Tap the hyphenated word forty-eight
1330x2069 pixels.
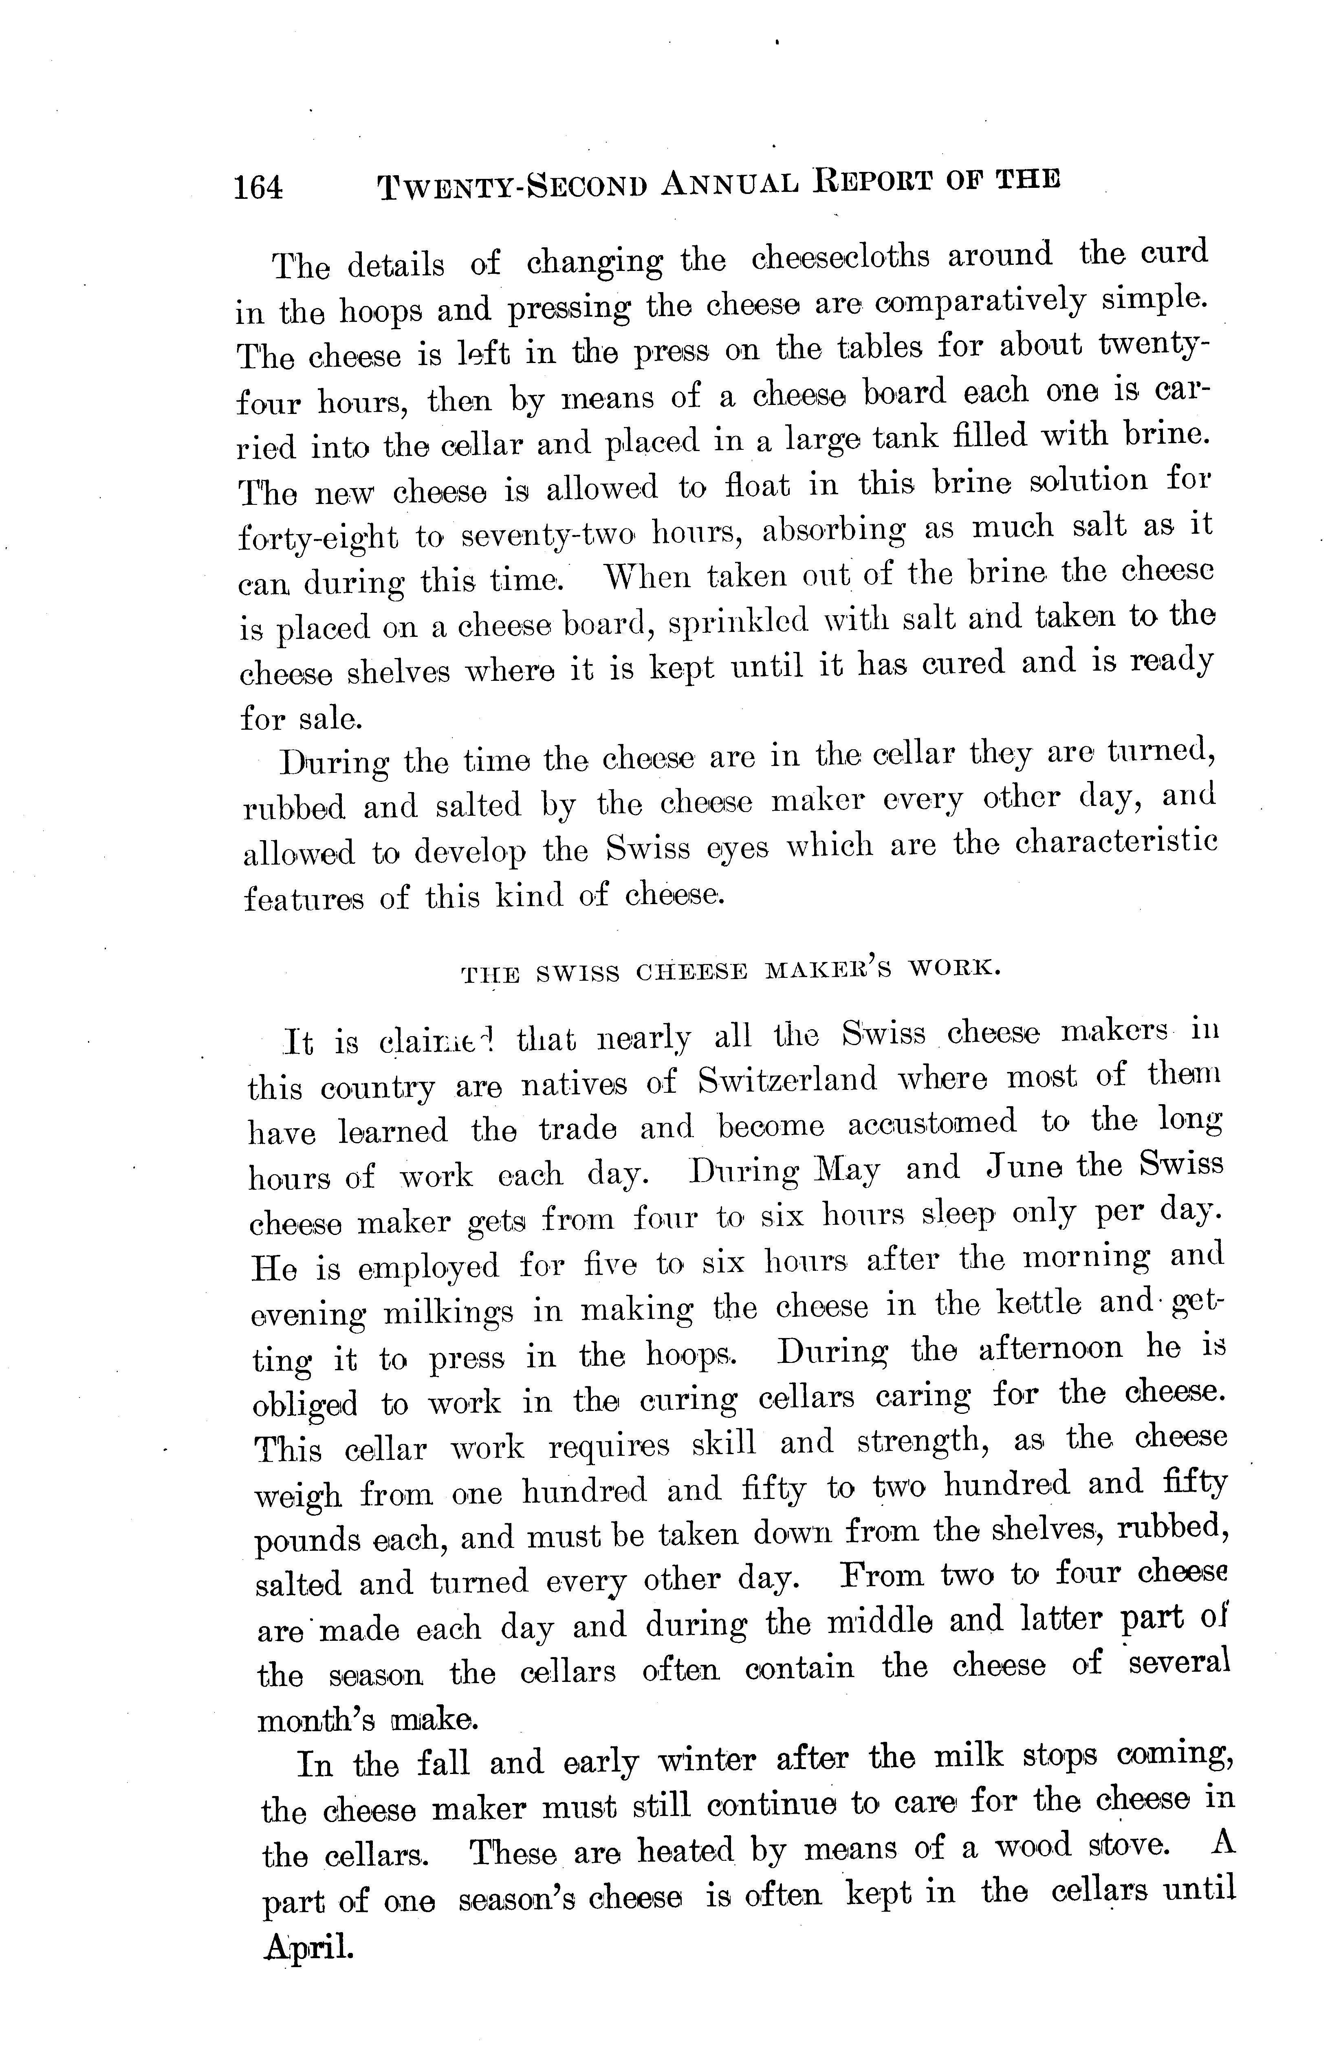pyautogui.click(x=318, y=537)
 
